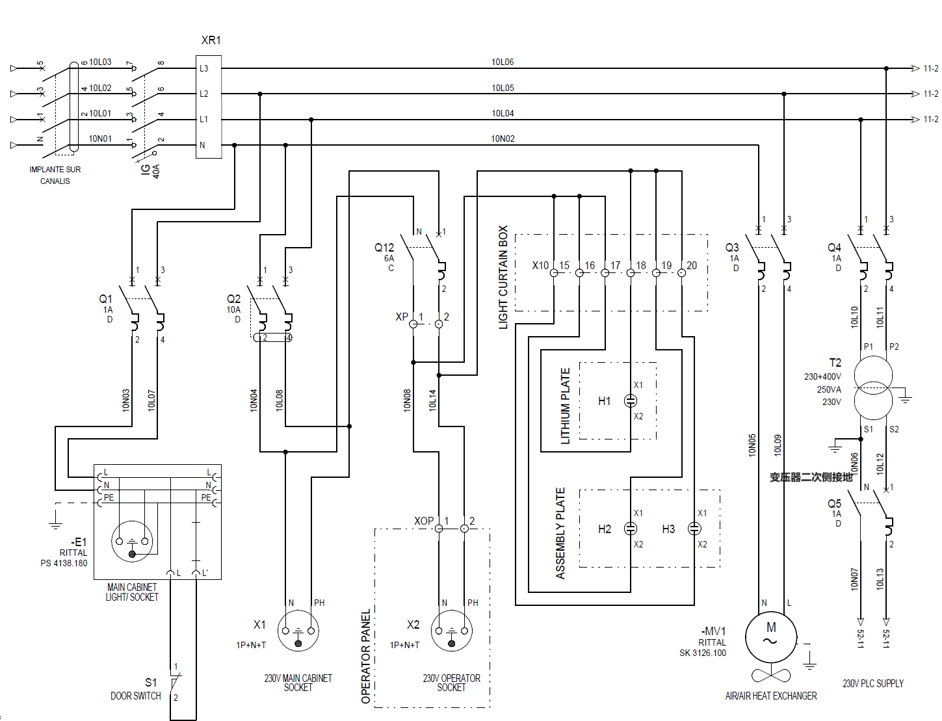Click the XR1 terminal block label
(x=211, y=40)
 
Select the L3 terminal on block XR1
(x=204, y=68)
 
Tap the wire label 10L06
(x=503, y=62)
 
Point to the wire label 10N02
(x=503, y=138)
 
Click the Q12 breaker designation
(x=384, y=248)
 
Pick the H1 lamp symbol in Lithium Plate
(x=631, y=400)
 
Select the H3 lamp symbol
(x=694, y=529)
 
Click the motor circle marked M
(x=771, y=638)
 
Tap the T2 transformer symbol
(x=873, y=388)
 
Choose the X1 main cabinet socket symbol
(x=298, y=631)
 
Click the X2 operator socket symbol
(x=452, y=631)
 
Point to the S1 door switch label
(x=150, y=683)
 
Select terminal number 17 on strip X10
(x=615, y=265)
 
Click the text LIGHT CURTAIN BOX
(x=503, y=277)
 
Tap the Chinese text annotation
(x=811, y=477)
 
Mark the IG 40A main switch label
(x=150, y=170)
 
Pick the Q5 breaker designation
(x=834, y=504)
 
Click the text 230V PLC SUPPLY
(x=873, y=683)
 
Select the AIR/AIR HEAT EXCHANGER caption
(x=771, y=696)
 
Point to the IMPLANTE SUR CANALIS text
(x=55, y=175)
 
